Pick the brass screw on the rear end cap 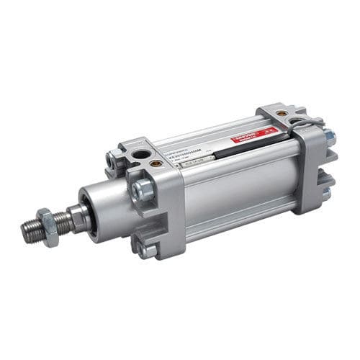click(282, 113)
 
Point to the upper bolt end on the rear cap click(328, 135)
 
